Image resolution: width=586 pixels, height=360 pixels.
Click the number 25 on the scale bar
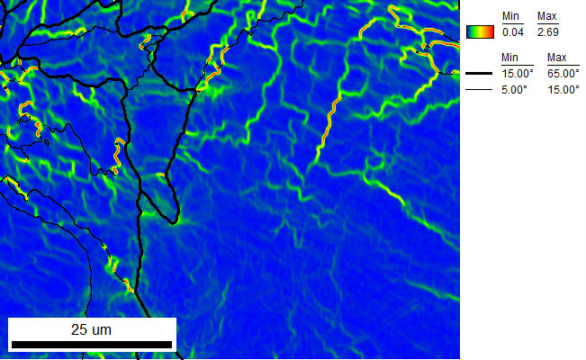(79, 329)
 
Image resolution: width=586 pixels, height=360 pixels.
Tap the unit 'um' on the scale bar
(101, 329)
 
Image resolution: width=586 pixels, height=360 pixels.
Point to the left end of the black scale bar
(12, 345)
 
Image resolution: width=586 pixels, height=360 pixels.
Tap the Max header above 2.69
(546, 17)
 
